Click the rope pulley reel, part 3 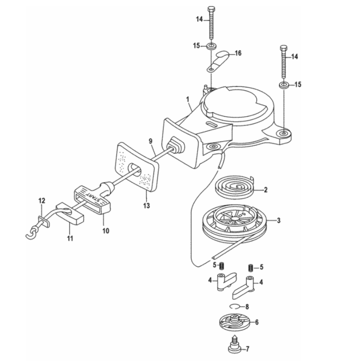coord(235,224)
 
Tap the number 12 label coord(41,200)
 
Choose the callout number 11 coord(70,239)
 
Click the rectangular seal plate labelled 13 coord(137,168)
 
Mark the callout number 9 coord(150,142)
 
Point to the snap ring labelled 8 coord(236,307)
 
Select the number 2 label coord(266,190)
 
